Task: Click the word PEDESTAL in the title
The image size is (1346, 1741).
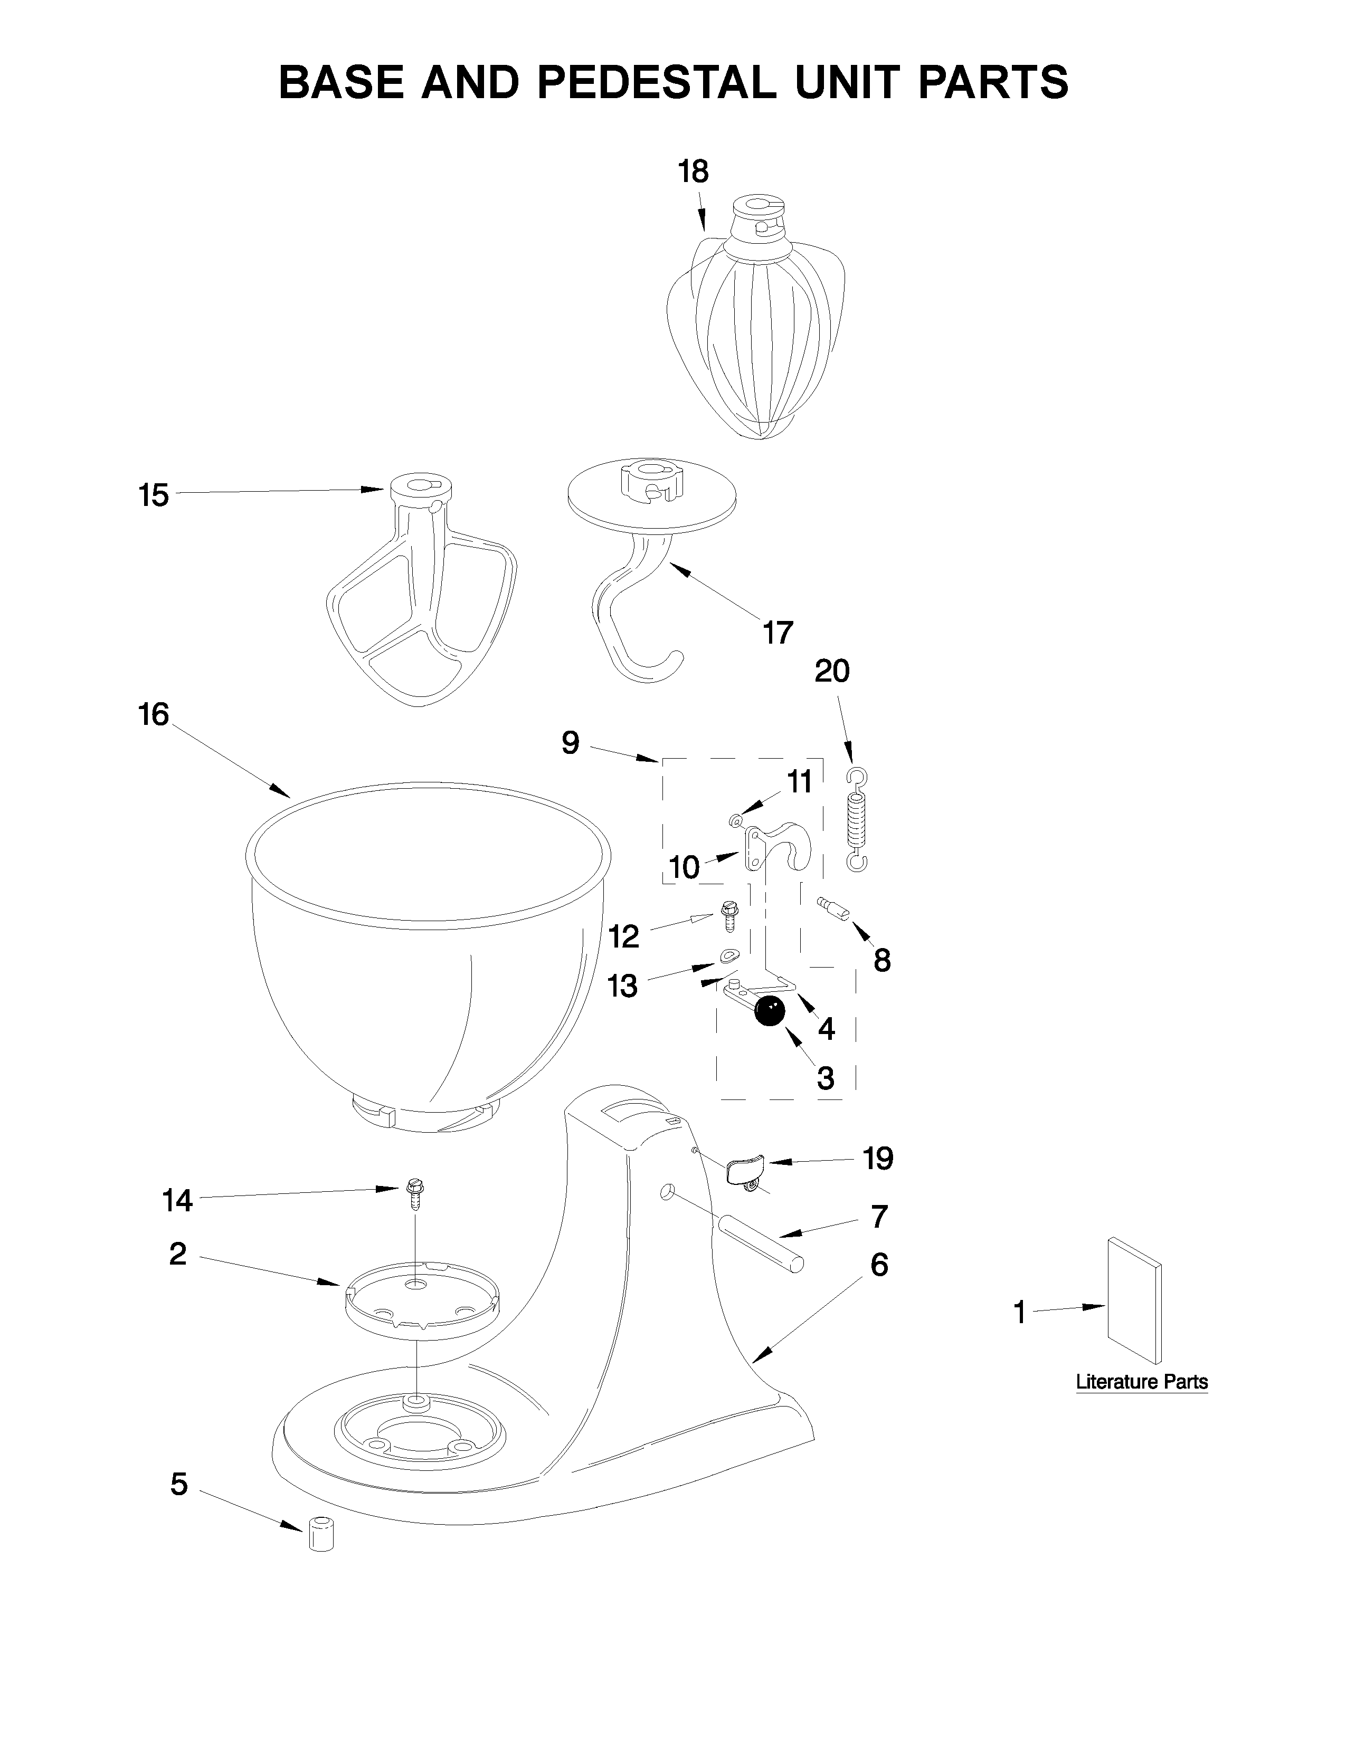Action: [x=656, y=82]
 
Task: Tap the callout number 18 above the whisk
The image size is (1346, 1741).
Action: [x=693, y=171]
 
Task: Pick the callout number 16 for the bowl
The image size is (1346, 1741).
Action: [x=154, y=714]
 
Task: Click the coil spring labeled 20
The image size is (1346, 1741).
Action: [x=856, y=821]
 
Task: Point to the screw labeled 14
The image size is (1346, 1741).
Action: [x=415, y=1193]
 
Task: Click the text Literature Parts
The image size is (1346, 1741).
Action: [x=1142, y=1382]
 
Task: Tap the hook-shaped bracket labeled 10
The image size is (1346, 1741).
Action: [x=778, y=847]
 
